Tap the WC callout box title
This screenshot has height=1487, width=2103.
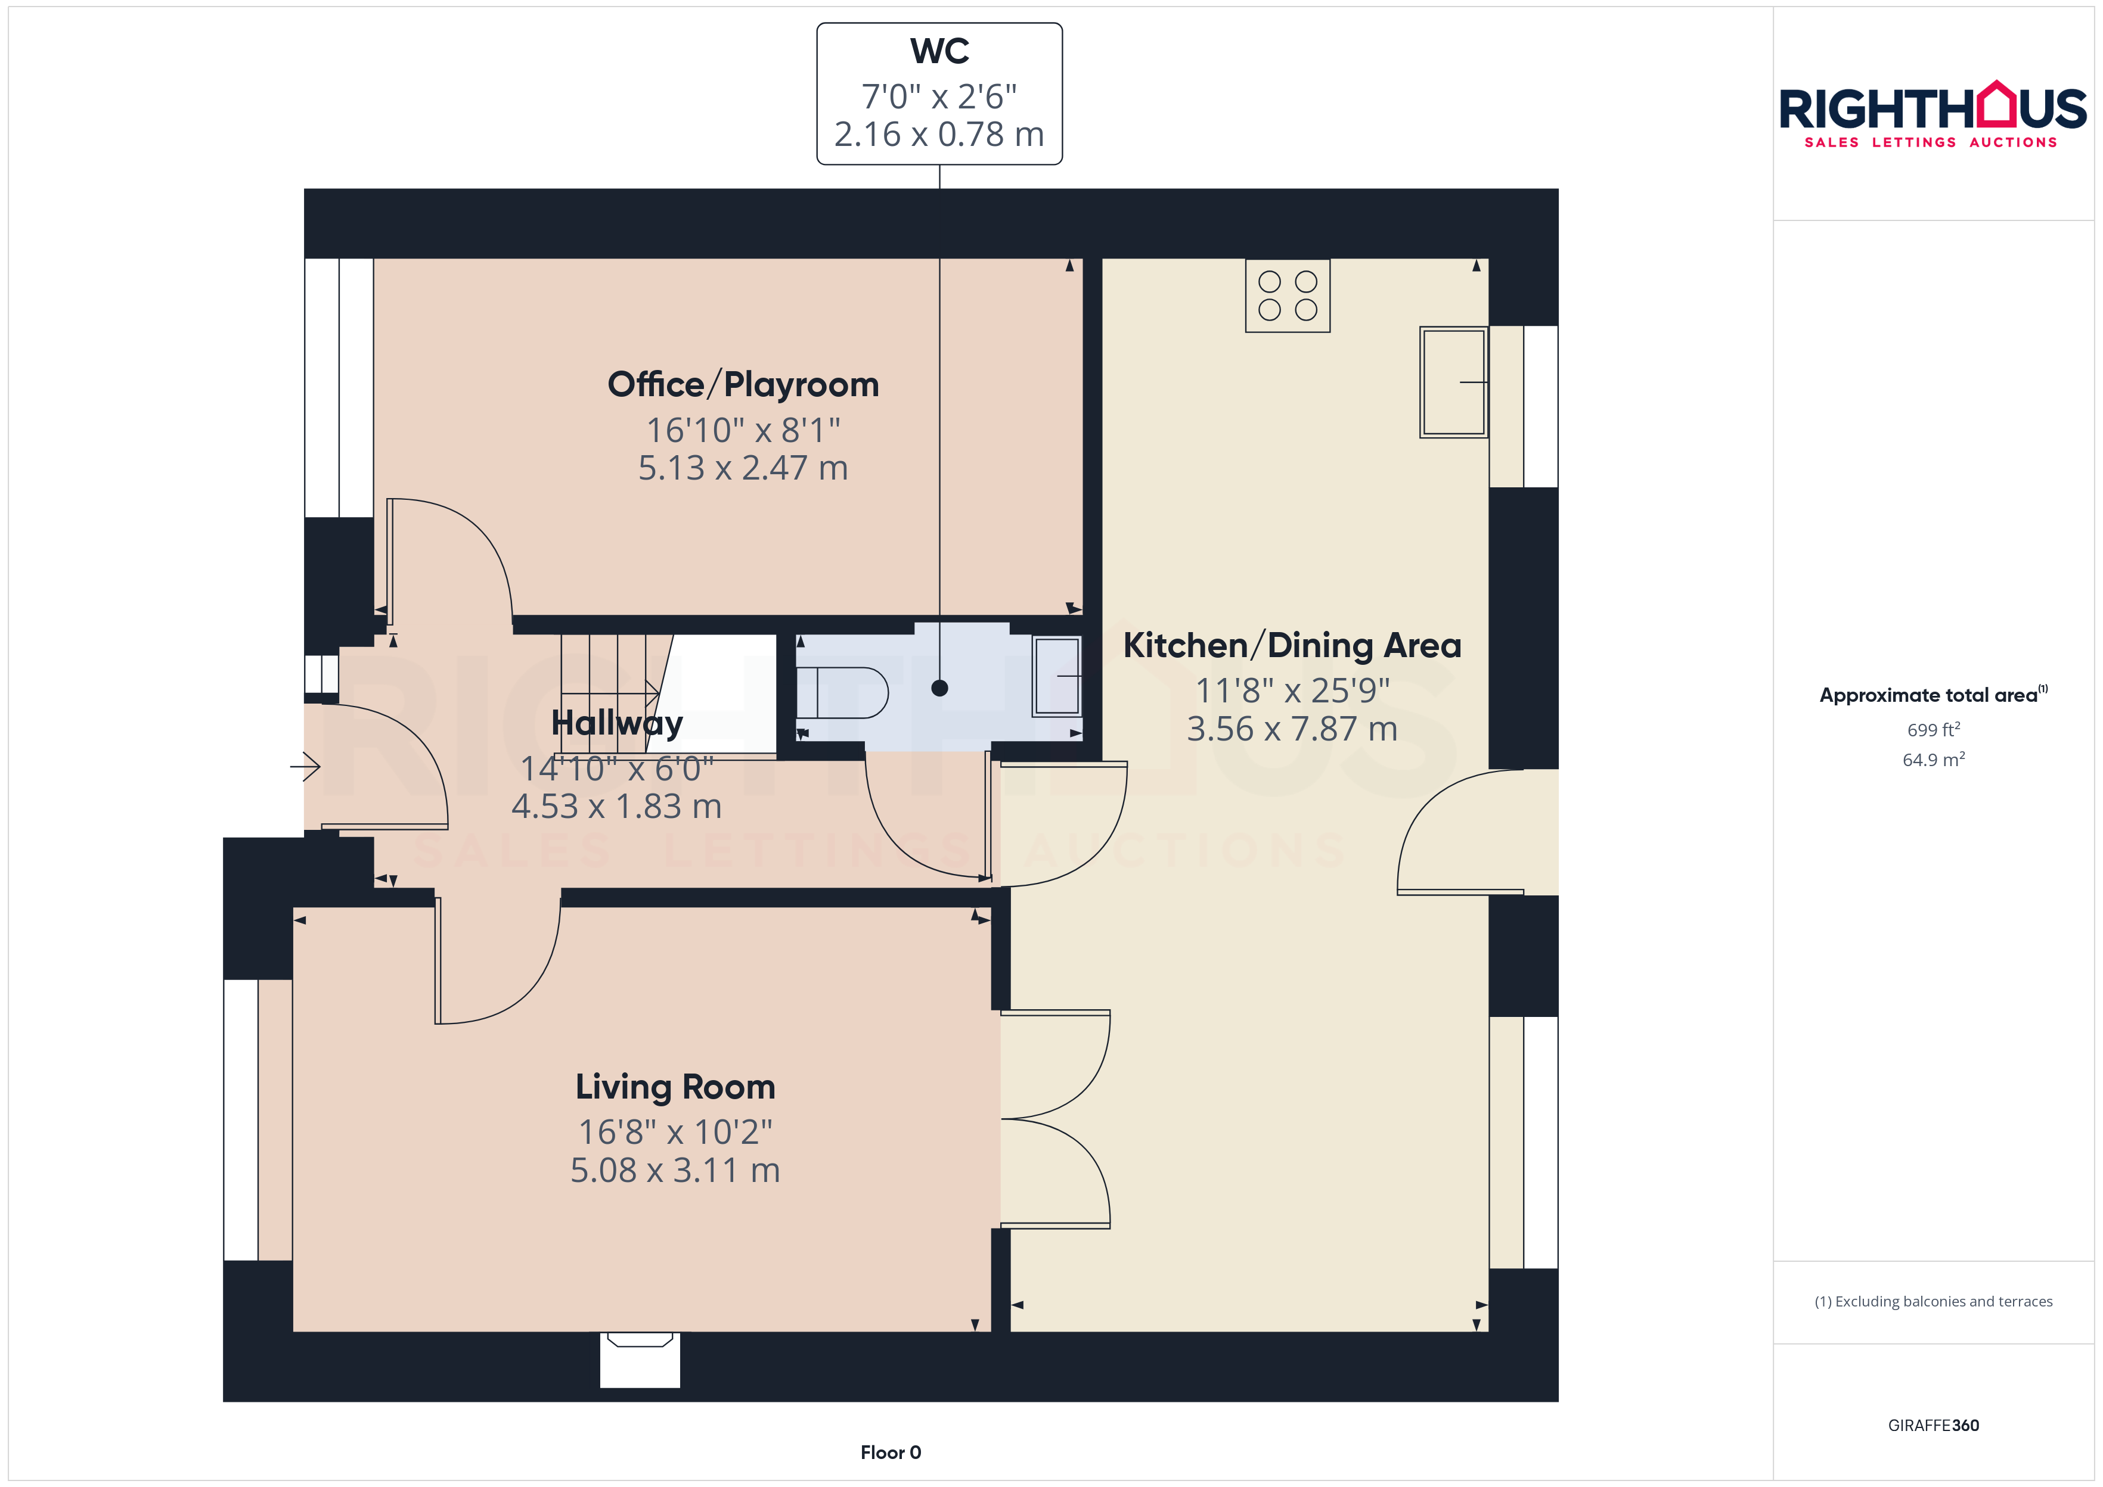pyautogui.click(x=940, y=51)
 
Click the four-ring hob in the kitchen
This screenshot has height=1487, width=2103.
pyautogui.click(x=1287, y=295)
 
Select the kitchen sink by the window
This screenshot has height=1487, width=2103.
pyautogui.click(x=1454, y=382)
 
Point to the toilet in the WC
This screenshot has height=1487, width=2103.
pyautogui.click(x=842, y=692)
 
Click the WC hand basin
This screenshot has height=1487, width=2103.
pyautogui.click(x=1057, y=676)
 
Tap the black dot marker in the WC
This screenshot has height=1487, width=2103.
pyautogui.click(x=940, y=687)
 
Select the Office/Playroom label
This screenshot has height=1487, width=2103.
pyautogui.click(x=743, y=385)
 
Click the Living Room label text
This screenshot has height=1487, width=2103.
pyautogui.click(x=675, y=1087)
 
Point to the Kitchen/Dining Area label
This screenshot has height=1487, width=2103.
pyautogui.click(x=1292, y=646)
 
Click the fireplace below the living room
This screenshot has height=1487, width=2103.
pyautogui.click(x=640, y=1359)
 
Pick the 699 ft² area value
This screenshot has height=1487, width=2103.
pyautogui.click(x=1934, y=730)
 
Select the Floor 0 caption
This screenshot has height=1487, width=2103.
pyautogui.click(x=891, y=1452)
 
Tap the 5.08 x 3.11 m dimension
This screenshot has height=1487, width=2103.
pyautogui.click(x=675, y=1170)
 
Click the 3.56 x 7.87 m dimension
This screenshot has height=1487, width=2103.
pyautogui.click(x=1292, y=729)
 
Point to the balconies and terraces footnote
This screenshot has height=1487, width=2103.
pyautogui.click(x=1934, y=1301)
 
